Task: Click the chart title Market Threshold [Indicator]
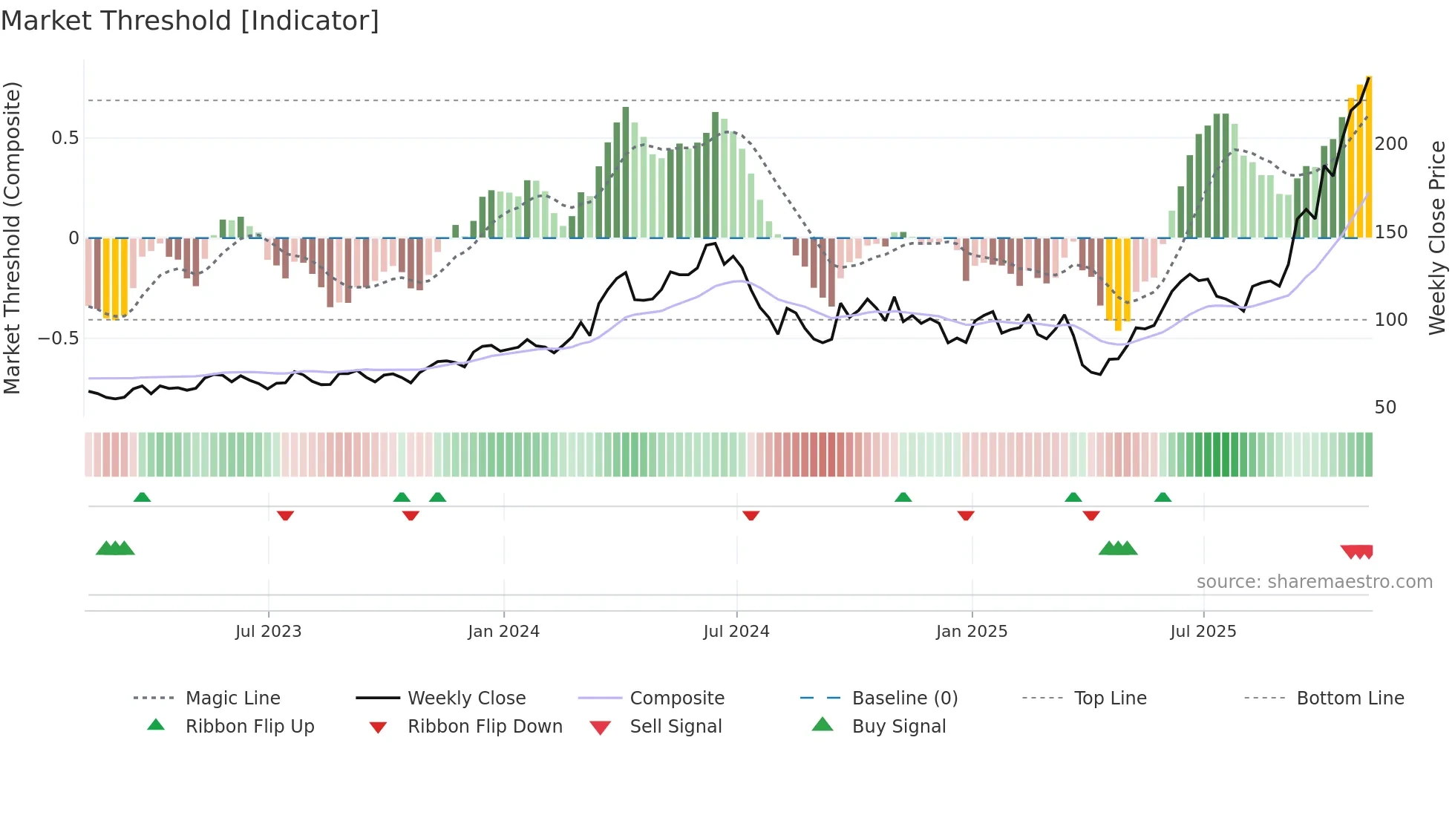click(x=190, y=21)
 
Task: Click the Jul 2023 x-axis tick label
click(x=268, y=632)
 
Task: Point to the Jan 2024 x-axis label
click(x=503, y=632)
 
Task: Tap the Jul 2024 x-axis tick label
click(x=736, y=632)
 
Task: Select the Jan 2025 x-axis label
click(x=971, y=632)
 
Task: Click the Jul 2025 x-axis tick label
click(x=1203, y=632)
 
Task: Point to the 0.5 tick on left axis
click(x=65, y=138)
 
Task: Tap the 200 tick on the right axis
click(x=1390, y=144)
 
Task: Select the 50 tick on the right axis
click(x=1385, y=408)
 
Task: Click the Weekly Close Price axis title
click(x=1437, y=238)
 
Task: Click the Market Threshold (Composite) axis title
click(x=12, y=238)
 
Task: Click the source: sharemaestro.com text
click(x=1314, y=582)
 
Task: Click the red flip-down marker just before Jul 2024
click(x=751, y=515)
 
